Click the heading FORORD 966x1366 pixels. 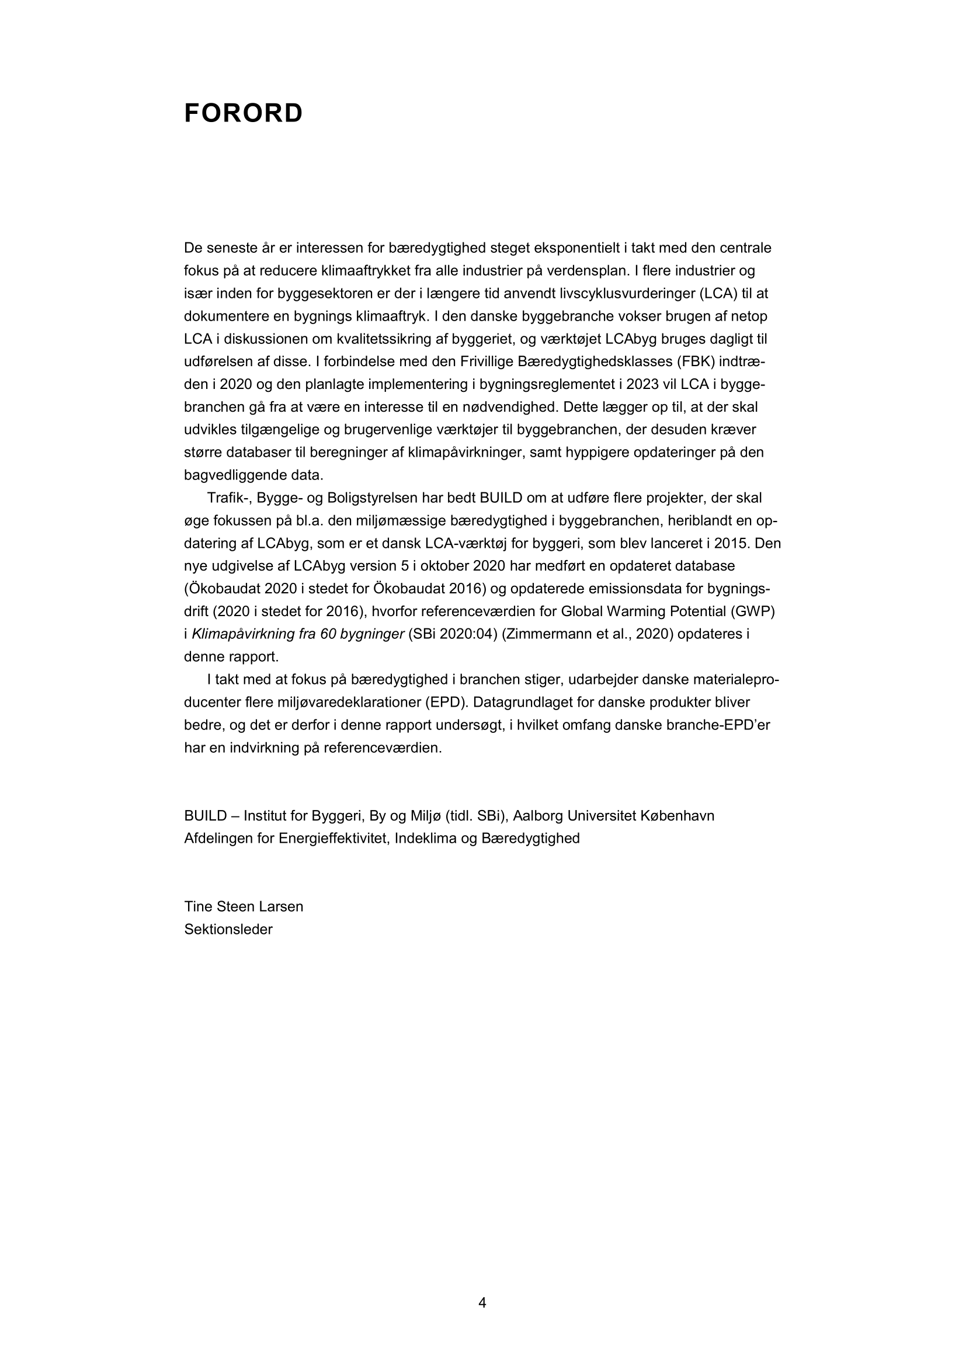coord(244,113)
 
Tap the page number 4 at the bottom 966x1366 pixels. coord(482,1302)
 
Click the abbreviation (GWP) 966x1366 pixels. coord(752,611)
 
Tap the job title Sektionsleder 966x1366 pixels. coord(228,929)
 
